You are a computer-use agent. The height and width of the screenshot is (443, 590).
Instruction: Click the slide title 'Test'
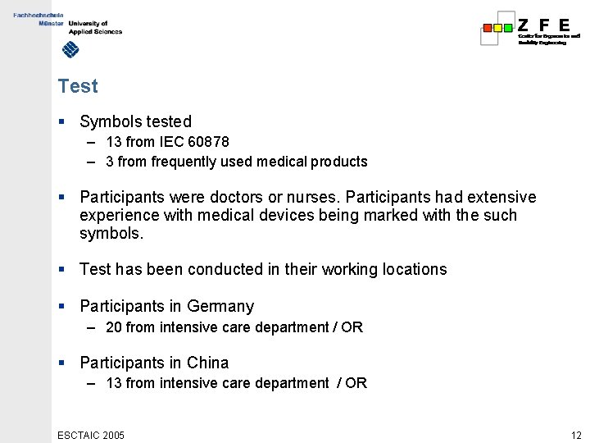78,86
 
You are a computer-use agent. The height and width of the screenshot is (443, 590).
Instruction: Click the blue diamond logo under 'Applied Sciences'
71,51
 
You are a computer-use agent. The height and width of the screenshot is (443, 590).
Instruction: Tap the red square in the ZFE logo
488,27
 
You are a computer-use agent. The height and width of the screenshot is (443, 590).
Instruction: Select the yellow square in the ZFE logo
497,27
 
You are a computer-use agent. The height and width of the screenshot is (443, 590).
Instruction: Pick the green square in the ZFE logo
508,27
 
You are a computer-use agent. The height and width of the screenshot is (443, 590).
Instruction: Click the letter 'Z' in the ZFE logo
524,25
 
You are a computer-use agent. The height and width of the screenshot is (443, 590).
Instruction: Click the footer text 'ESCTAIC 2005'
91,435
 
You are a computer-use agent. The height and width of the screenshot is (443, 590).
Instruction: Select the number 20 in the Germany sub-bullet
113,327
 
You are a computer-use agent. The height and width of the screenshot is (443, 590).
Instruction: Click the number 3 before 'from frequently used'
110,162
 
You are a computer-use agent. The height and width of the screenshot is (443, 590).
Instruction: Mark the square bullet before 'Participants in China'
61,363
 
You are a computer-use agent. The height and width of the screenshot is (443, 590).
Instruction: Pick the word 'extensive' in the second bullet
501,198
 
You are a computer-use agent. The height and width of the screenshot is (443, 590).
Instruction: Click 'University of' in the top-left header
88,24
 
